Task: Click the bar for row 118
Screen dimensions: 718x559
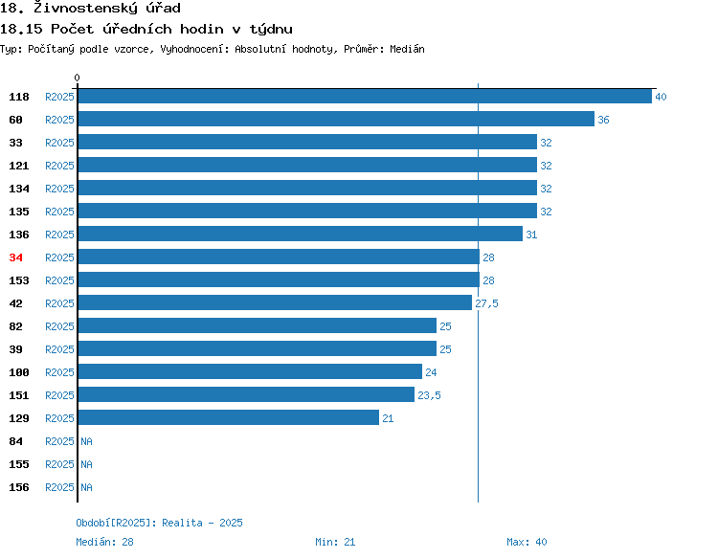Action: (365, 96)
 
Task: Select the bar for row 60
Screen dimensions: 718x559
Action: (336, 119)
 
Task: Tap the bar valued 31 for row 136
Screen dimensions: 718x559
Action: (301, 234)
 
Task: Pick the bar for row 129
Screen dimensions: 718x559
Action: (229, 417)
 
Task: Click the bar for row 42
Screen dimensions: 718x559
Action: (275, 302)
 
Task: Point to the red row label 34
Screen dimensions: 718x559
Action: (15, 257)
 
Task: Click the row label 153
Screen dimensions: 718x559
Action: (19, 280)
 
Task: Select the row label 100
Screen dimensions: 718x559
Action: (19, 372)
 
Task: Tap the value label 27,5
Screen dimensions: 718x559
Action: (486, 303)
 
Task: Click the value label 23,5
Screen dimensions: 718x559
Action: (429, 395)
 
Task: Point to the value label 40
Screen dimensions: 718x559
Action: (661, 97)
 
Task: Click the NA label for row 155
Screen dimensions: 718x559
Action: (86, 464)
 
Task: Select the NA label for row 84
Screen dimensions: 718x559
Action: (86, 441)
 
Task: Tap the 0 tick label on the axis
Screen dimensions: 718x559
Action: (77, 78)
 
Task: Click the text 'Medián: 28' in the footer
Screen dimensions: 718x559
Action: (105, 542)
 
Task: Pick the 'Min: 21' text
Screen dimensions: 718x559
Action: (335, 542)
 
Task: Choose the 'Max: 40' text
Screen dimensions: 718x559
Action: (527, 542)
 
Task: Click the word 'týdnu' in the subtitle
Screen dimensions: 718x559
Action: (271, 30)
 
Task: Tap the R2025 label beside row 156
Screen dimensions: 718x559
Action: (59, 487)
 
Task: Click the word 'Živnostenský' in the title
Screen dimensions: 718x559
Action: (85, 8)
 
